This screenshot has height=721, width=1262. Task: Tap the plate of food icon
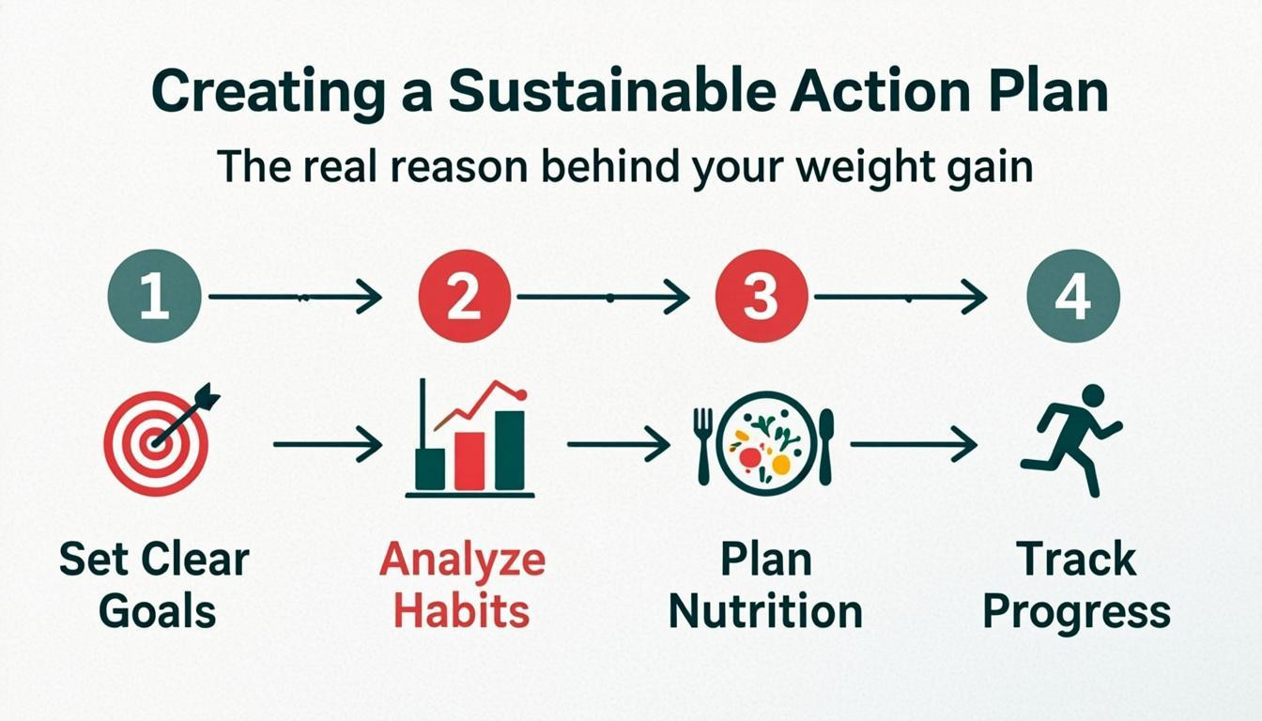coord(763,442)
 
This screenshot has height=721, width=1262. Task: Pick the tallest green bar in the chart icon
coord(510,450)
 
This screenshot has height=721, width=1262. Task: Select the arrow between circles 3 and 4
coord(900,298)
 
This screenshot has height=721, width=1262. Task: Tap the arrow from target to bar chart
coord(328,443)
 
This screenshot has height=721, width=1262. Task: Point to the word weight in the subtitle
coord(830,167)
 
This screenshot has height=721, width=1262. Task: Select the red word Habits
coord(462,611)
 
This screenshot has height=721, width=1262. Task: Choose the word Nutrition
coord(765,611)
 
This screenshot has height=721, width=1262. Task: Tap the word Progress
coord(1076,611)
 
